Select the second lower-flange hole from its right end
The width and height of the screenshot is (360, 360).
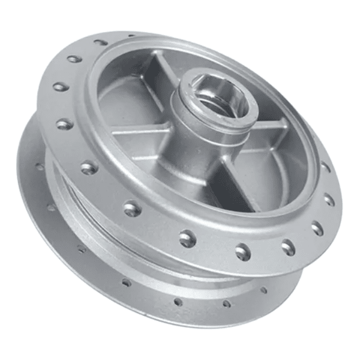(226, 303)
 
